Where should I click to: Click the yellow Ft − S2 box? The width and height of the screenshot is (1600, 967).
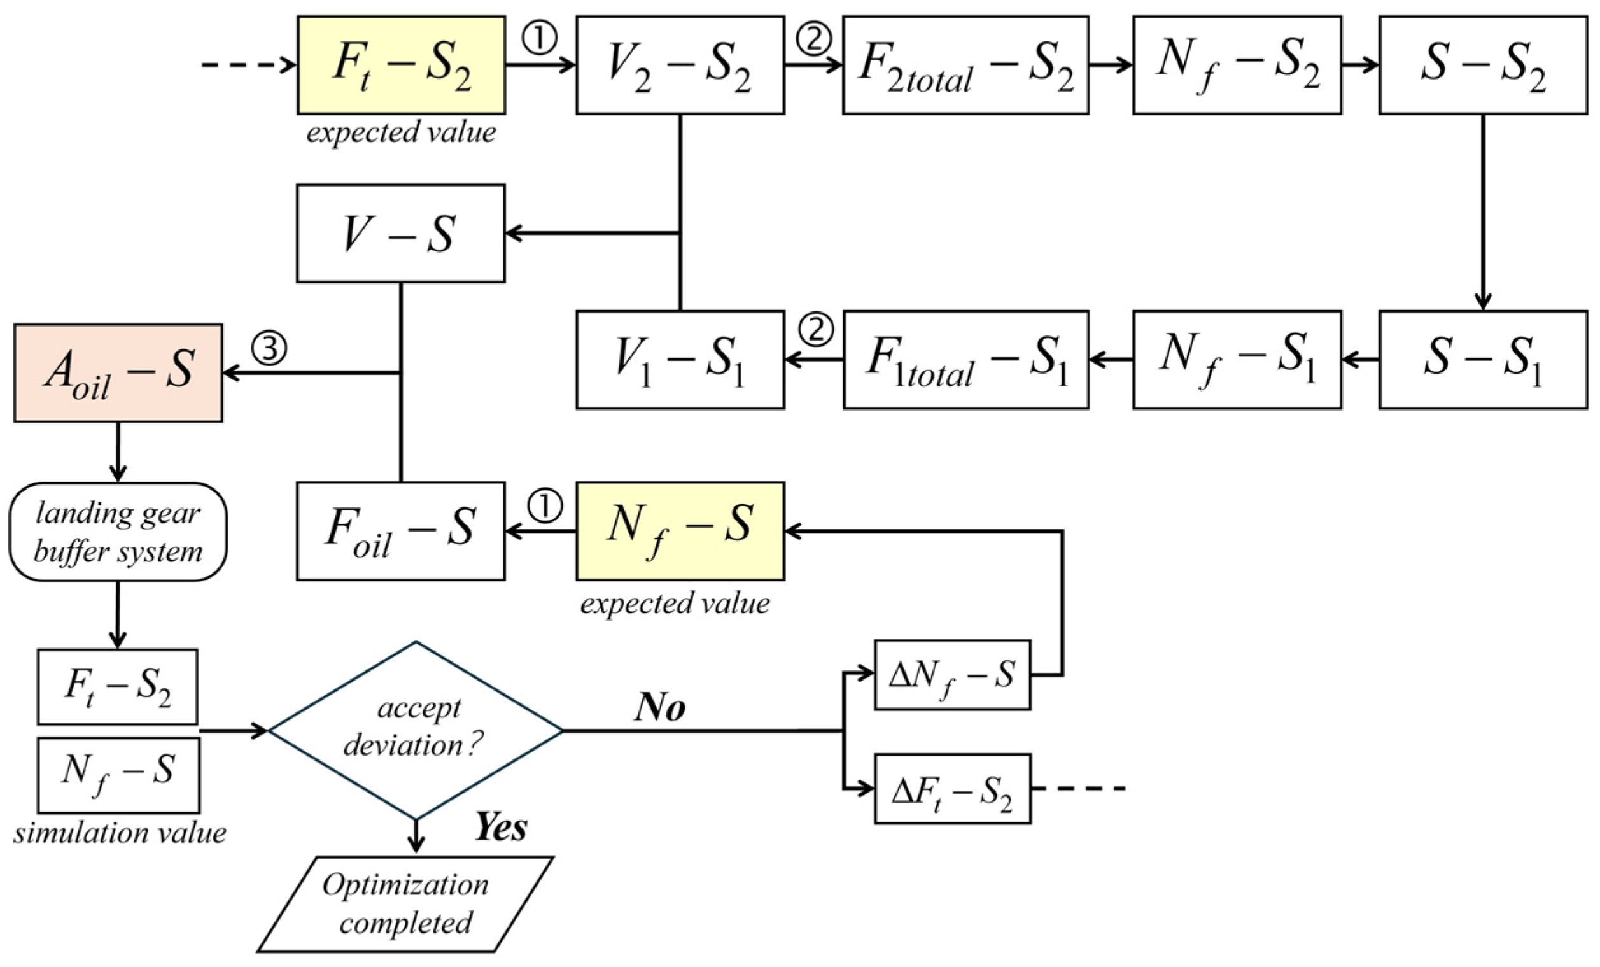(401, 65)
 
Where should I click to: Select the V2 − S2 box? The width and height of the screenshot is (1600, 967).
(680, 65)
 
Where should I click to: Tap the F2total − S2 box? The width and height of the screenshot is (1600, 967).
(965, 65)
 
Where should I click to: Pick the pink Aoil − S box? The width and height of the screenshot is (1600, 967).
(118, 373)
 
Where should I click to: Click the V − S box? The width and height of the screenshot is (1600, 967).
(401, 233)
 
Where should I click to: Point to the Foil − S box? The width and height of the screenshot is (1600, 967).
(401, 530)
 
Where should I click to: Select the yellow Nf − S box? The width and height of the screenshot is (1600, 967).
(680, 530)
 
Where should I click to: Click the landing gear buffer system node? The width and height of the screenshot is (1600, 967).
(118, 531)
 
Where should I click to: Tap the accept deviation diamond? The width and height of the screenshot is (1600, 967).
(416, 730)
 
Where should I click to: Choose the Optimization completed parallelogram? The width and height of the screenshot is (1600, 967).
(406, 904)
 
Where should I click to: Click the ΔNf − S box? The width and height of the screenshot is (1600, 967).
(952, 675)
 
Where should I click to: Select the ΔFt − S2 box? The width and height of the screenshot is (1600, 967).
(952, 788)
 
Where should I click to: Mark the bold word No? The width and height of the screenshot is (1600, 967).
(660, 707)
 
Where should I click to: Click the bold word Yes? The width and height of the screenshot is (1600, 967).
(501, 827)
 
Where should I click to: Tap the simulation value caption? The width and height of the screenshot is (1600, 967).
(120, 833)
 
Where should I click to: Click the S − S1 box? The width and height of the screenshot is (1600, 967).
(1483, 359)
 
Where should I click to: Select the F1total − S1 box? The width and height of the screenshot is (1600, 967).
(965, 359)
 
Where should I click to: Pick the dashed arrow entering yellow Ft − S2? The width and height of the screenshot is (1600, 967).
(248, 65)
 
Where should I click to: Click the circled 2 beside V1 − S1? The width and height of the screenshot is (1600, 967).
(815, 330)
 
